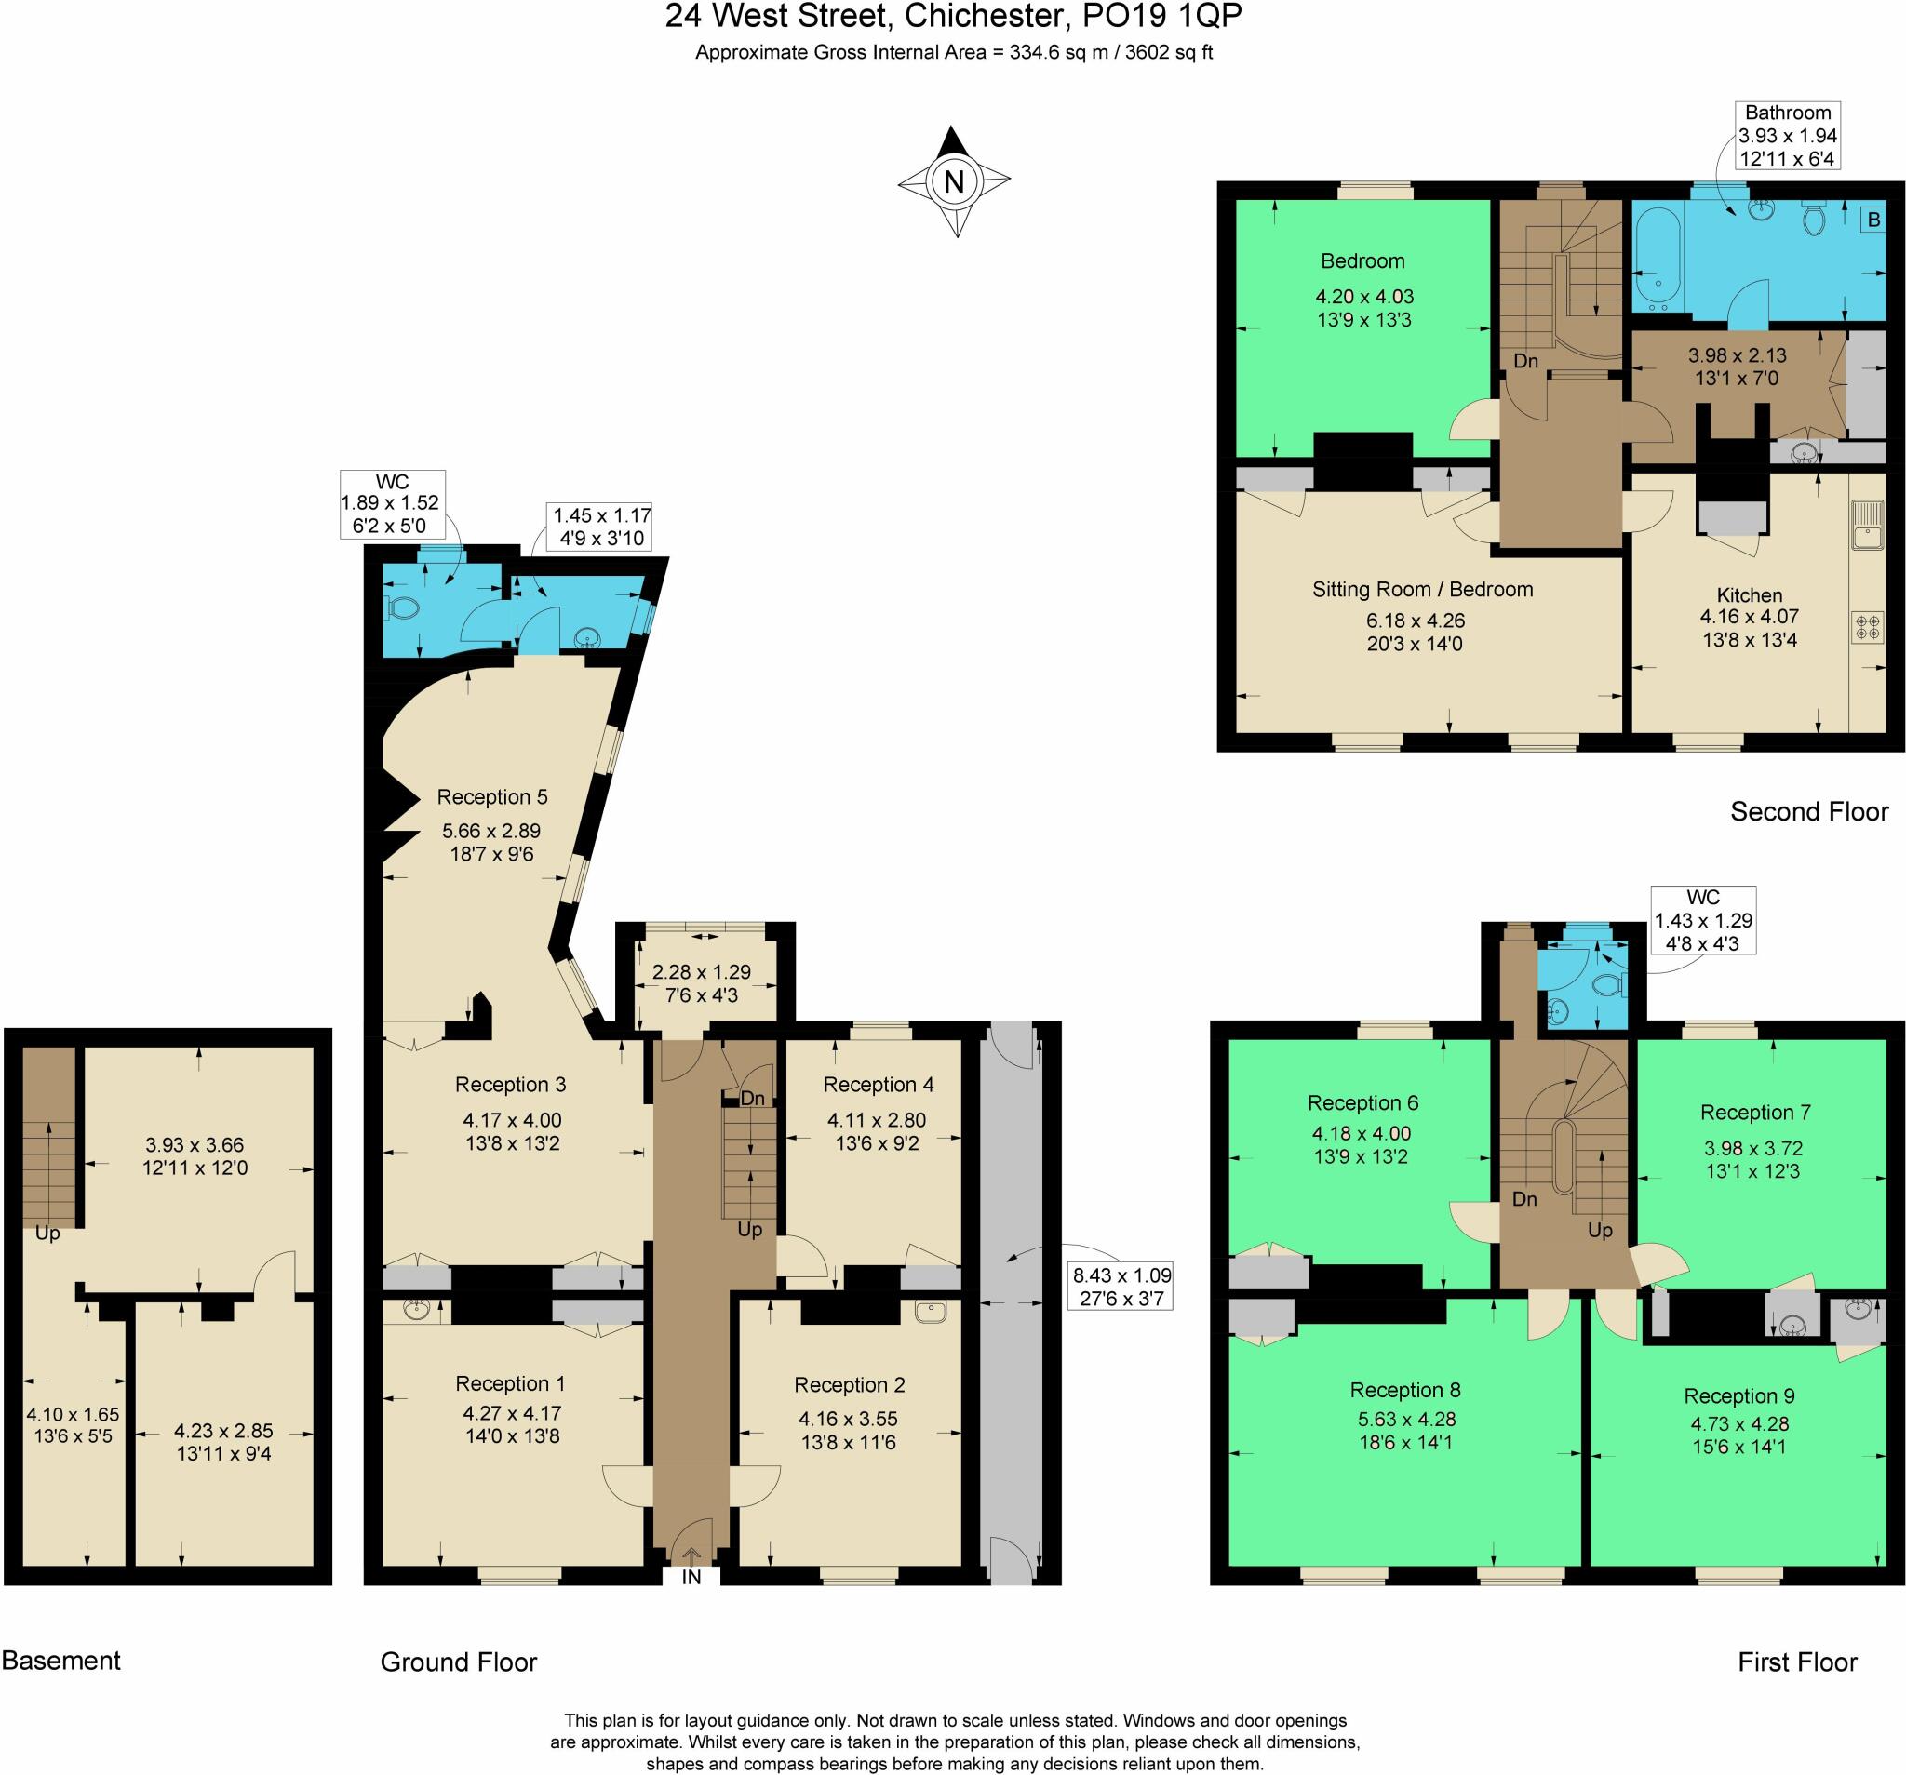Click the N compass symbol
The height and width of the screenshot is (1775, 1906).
tap(954, 181)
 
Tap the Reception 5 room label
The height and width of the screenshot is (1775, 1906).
tap(491, 797)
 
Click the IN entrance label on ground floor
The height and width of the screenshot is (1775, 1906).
tap(691, 1578)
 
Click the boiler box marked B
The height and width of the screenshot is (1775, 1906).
tap(1873, 220)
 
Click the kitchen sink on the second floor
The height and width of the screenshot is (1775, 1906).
tap(1868, 526)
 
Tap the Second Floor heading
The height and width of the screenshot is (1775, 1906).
tap(1808, 812)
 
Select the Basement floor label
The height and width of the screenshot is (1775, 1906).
tap(61, 1661)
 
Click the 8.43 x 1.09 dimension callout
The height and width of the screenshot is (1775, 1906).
tap(1121, 1288)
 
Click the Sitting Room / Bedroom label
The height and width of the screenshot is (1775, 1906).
tap(1422, 590)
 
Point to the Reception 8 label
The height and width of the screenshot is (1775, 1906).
tap(1404, 1390)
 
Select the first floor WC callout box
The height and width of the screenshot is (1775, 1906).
tap(1703, 920)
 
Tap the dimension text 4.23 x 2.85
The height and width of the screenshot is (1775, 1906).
tap(223, 1431)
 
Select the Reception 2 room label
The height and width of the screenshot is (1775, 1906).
tap(849, 1385)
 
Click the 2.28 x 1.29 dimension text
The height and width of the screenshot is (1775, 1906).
tap(701, 972)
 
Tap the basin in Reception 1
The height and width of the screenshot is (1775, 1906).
tap(416, 1310)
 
